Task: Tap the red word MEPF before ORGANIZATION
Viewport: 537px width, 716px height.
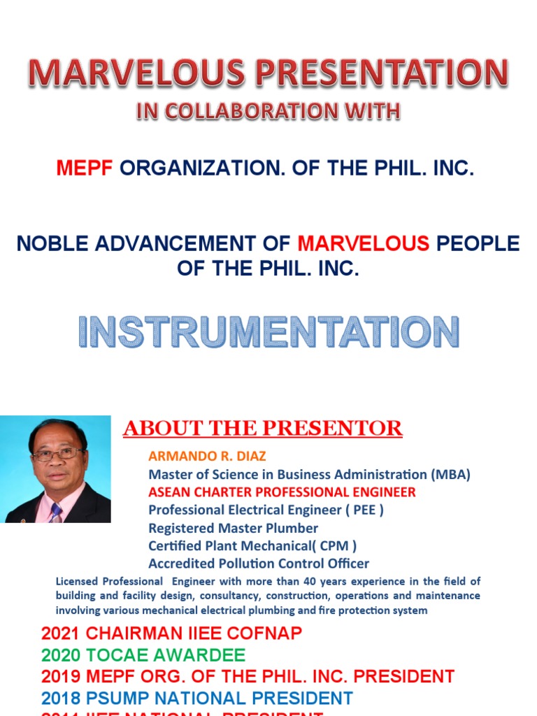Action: point(85,169)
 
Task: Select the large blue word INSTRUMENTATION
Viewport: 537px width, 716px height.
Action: point(268,332)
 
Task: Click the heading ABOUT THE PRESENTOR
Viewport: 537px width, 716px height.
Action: point(263,429)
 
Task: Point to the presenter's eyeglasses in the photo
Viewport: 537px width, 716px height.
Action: point(57,454)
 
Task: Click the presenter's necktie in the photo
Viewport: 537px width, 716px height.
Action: point(55,513)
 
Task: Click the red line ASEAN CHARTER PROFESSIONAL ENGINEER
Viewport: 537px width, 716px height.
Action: point(282,492)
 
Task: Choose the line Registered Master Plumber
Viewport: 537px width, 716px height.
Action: point(233,528)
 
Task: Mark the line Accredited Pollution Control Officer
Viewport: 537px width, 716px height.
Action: point(259,564)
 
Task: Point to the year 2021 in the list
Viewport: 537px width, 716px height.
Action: point(61,634)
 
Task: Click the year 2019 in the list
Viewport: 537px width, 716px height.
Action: point(61,677)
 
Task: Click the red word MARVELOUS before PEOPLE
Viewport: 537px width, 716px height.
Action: point(364,244)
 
